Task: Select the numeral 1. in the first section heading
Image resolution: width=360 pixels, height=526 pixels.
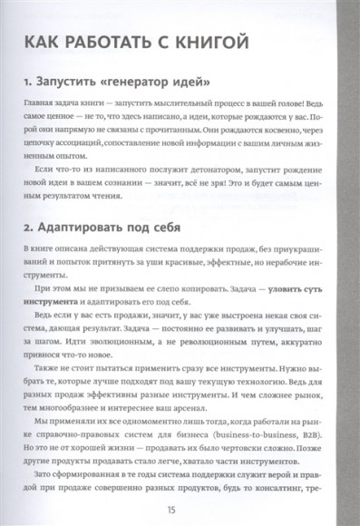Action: click(31, 84)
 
